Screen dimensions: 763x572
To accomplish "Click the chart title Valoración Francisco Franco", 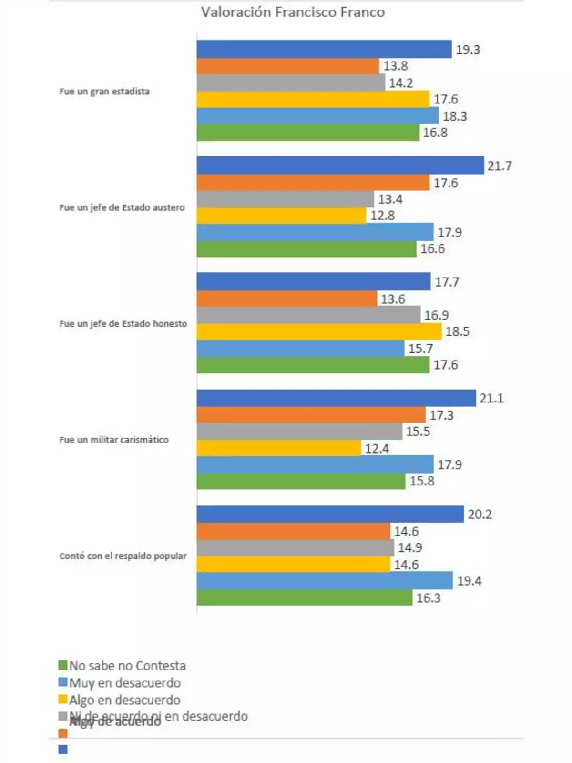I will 293,12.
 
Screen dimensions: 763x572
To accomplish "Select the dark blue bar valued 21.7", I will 340,165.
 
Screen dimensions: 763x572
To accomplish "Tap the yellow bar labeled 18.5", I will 319,331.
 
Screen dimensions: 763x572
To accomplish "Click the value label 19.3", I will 468,50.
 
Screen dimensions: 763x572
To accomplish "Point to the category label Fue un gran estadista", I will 104,91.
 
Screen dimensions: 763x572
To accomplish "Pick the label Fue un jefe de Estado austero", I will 122,207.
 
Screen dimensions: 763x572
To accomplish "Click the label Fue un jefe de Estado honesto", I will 123,323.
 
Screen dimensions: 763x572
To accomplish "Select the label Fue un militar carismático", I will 114,440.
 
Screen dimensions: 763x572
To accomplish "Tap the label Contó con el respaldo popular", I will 123,556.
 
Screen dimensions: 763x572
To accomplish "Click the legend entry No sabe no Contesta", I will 127,665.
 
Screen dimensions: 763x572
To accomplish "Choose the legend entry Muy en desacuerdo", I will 125,682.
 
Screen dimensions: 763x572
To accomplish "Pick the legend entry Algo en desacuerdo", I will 124,700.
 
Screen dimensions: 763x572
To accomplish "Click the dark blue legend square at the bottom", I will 63,750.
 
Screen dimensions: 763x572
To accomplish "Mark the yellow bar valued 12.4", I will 279,448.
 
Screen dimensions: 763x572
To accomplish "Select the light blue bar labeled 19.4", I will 325,581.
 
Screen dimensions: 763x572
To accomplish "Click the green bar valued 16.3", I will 305,598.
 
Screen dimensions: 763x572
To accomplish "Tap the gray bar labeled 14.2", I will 291,83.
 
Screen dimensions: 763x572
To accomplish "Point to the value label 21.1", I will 491,398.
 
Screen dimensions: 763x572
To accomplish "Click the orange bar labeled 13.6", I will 286,299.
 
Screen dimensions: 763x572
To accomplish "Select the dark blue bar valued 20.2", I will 330,514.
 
